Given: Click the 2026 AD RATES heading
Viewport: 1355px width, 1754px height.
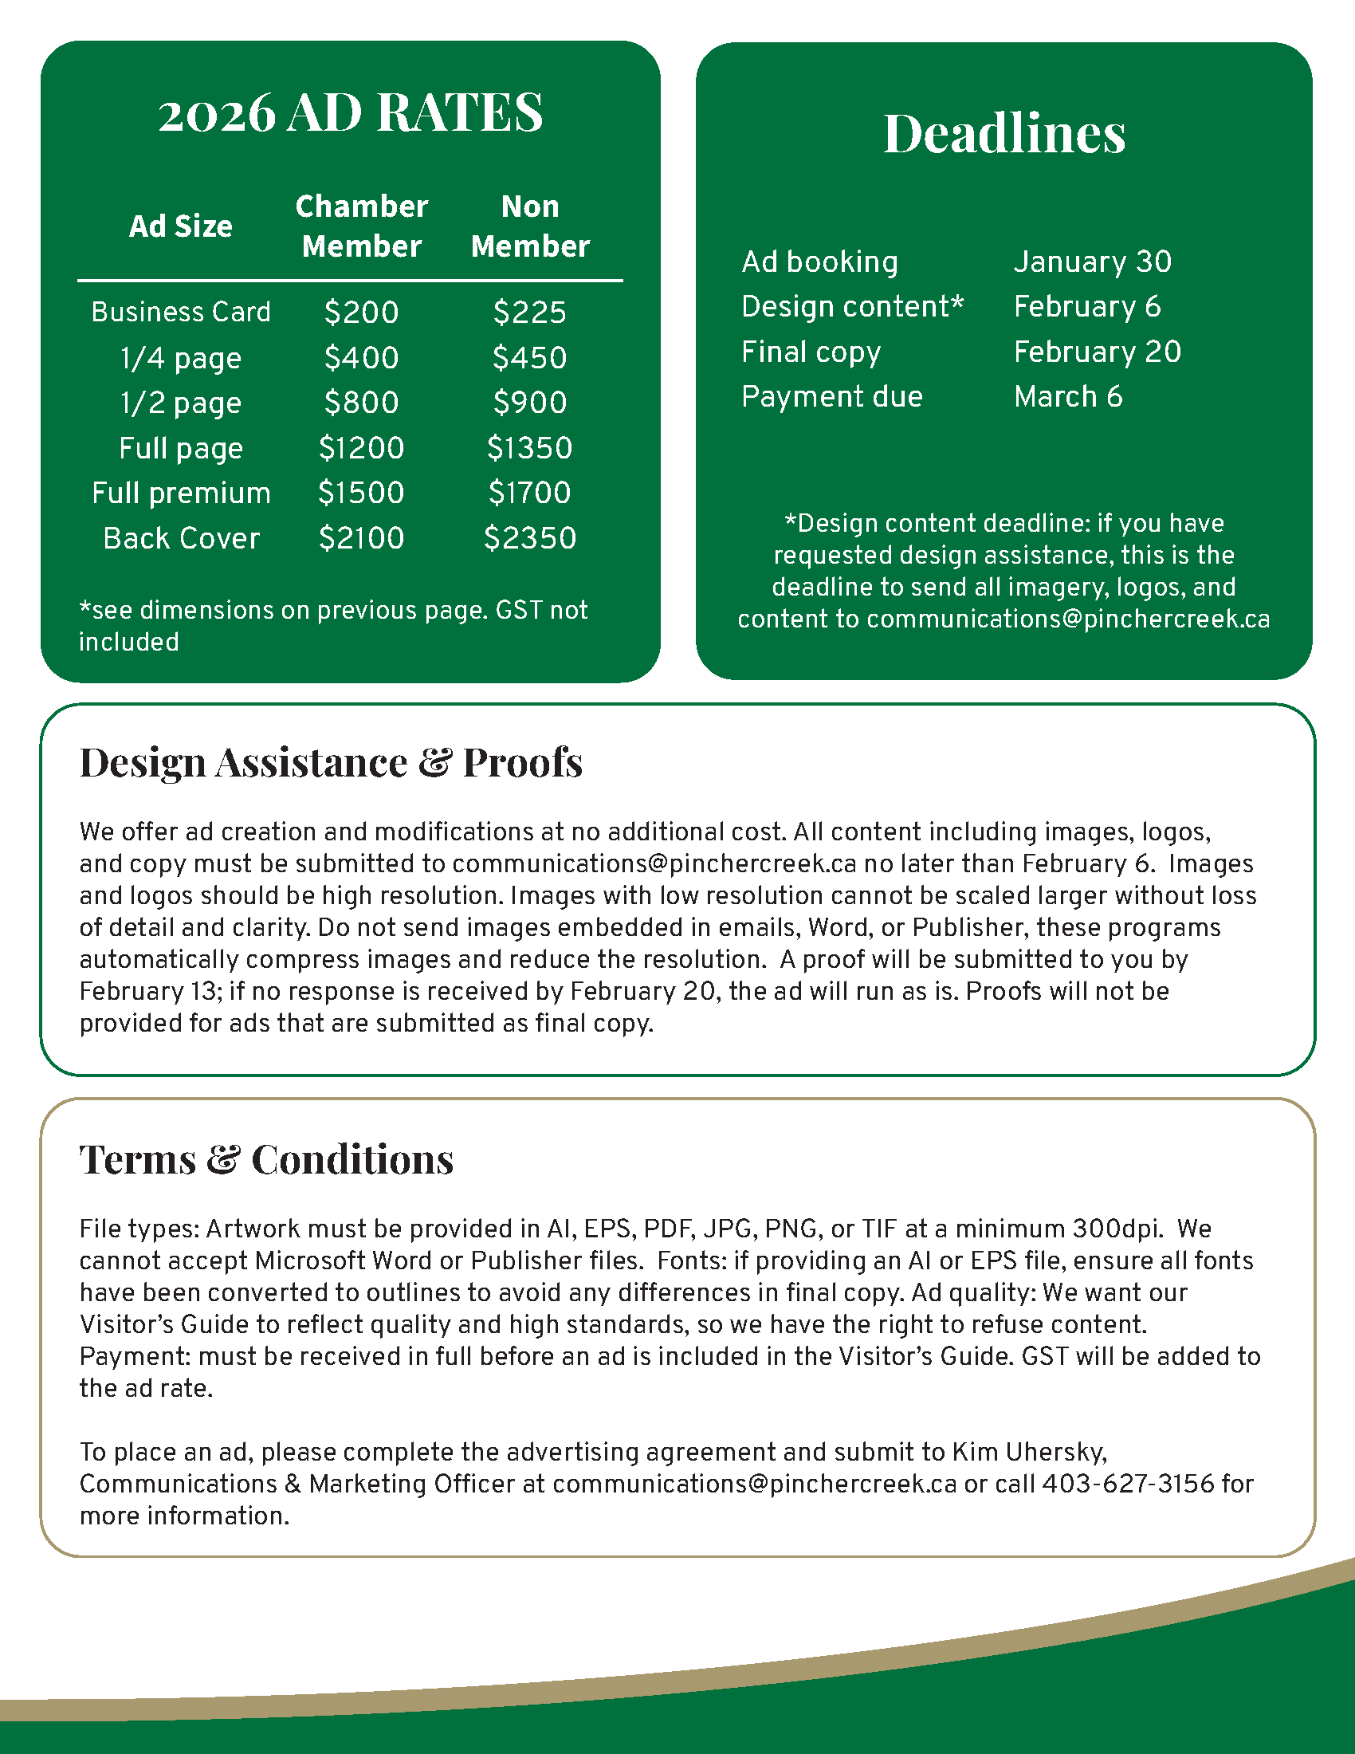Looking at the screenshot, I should click(x=350, y=112).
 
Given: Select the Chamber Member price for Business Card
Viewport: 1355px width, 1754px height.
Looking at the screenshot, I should click(x=361, y=313).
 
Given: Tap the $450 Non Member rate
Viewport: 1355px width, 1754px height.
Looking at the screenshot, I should click(x=530, y=358).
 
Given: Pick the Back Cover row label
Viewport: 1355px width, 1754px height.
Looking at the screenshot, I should click(x=182, y=538).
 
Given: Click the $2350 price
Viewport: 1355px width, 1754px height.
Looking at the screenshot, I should click(x=530, y=538).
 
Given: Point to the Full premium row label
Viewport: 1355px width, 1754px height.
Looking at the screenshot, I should click(x=182, y=493).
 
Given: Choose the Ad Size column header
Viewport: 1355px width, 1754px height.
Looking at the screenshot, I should click(x=181, y=226).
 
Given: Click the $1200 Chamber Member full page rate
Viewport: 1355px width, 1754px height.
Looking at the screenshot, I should click(x=361, y=448).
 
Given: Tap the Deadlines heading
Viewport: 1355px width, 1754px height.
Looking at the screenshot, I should click(x=1004, y=133).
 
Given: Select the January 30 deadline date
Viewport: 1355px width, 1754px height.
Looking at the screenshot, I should click(x=1093, y=262).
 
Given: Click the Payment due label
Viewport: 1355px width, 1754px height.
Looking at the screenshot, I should click(x=831, y=397).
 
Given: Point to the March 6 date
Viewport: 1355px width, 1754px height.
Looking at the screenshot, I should click(x=1067, y=397).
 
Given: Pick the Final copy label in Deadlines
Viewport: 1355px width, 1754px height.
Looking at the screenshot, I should click(x=811, y=352).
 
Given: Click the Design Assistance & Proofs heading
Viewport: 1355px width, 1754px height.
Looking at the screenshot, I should click(x=331, y=762).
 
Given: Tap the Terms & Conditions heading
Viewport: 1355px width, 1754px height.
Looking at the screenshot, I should click(x=266, y=1159).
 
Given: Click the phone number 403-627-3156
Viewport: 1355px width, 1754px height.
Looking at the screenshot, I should click(x=1128, y=1484).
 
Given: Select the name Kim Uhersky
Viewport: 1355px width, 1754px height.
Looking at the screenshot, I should click(x=1029, y=1452).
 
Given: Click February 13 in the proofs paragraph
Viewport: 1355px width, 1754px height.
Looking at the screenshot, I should click(x=150, y=991).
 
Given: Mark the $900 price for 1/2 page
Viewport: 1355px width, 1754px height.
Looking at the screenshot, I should click(x=530, y=403).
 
